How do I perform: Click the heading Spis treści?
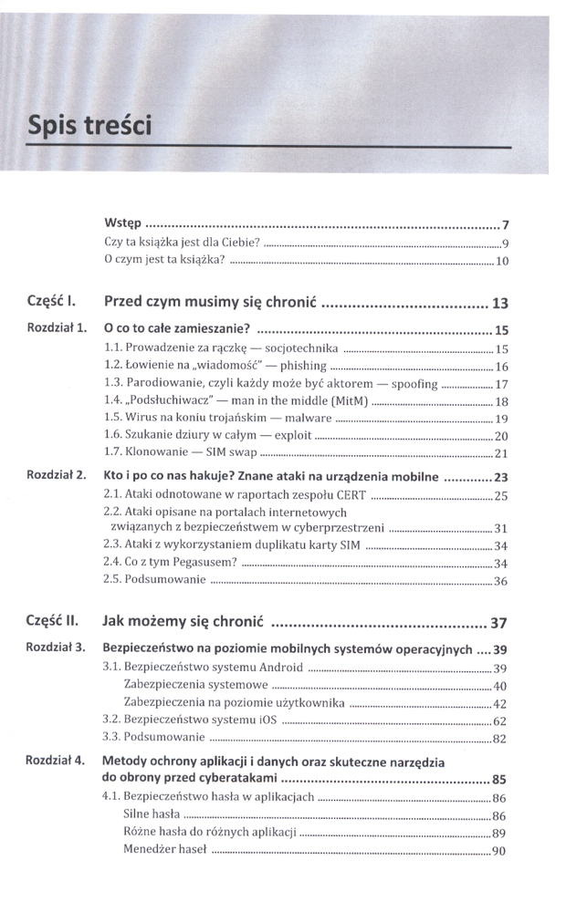coord(89,125)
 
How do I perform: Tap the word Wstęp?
coord(123,223)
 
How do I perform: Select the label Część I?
coord(51,300)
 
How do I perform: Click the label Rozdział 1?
coord(57,328)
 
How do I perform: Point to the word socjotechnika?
coord(300,348)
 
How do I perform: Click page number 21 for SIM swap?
coord(500,453)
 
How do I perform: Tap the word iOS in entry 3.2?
coord(265,720)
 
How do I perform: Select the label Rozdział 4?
coord(57,760)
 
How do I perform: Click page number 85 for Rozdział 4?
coord(499,779)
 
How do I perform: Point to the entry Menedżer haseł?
coord(164,851)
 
